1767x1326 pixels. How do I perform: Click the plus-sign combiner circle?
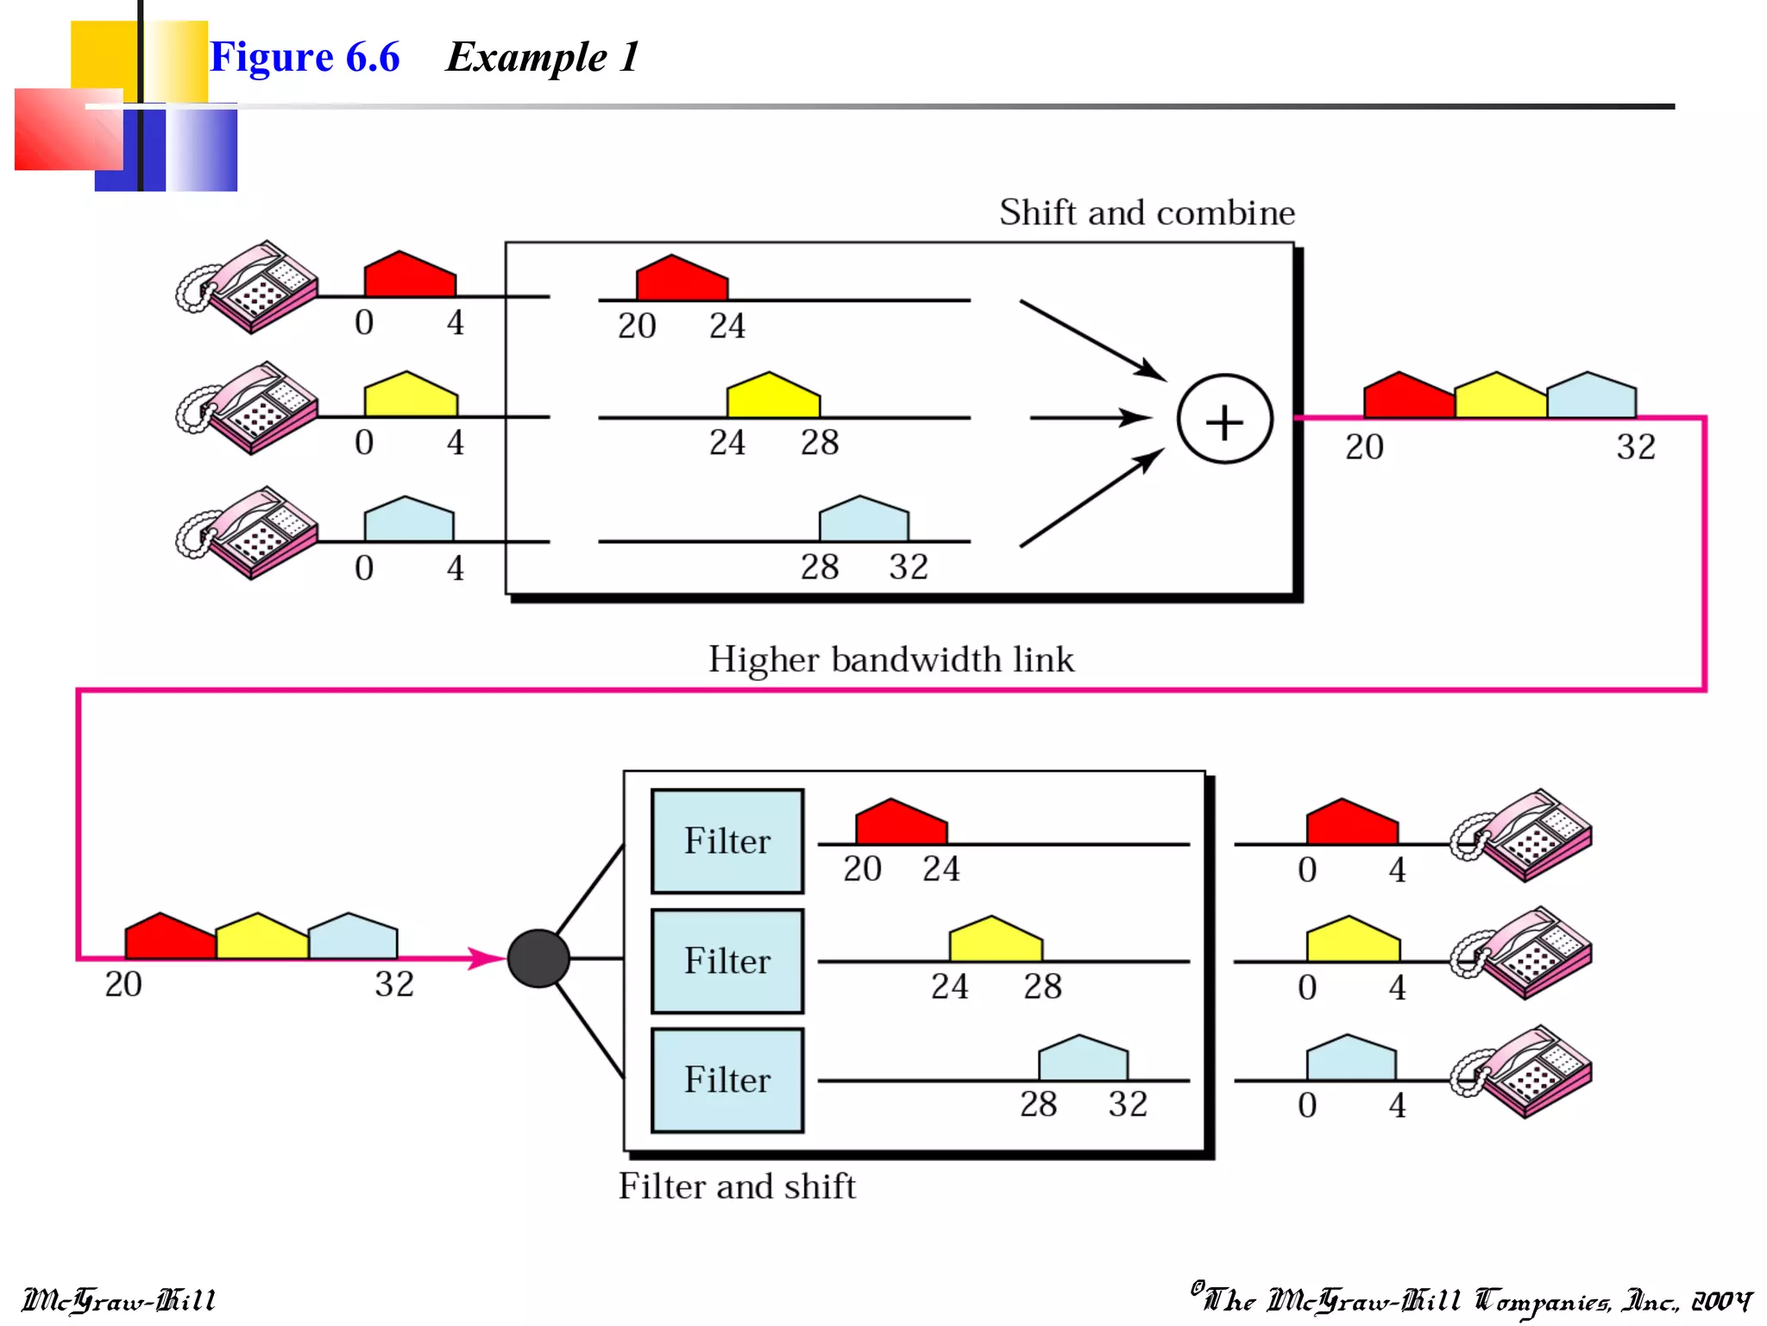click(1224, 420)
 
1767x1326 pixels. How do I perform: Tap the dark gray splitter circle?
click(538, 958)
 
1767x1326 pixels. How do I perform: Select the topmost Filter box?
click(727, 841)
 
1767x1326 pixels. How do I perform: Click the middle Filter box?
click(727, 961)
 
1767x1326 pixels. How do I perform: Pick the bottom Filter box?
click(727, 1080)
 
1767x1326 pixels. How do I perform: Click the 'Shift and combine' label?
click(1147, 212)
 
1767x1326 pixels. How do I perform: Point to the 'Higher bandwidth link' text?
click(891, 660)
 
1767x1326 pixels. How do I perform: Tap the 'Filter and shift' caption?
click(737, 1186)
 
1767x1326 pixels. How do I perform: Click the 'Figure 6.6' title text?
click(305, 57)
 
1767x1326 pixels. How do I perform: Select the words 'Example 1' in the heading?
click(542, 57)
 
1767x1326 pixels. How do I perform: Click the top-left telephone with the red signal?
click(248, 287)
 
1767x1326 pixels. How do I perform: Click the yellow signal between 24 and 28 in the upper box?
click(773, 397)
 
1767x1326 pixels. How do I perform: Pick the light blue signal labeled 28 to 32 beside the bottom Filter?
click(1083, 1059)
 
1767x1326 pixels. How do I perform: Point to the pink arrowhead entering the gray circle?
click(485, 957)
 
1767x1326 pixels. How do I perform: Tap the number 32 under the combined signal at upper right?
click(1635, 447)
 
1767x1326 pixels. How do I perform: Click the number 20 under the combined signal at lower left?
click(123, 984)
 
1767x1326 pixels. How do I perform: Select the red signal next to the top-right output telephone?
click(1351, 824)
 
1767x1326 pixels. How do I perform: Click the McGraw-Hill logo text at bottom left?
click(118, 1300)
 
